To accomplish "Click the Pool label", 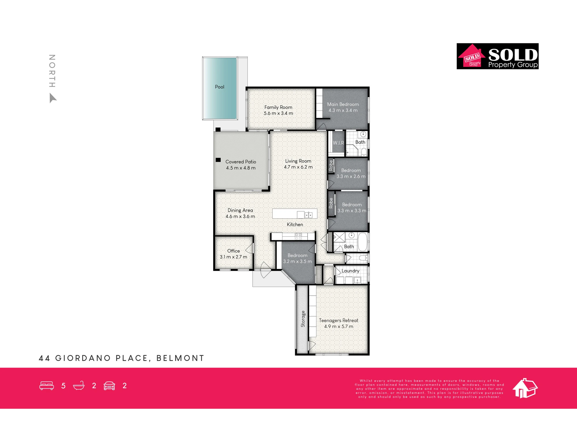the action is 220,87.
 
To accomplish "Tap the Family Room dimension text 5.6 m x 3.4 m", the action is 278,113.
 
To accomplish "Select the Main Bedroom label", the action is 343,104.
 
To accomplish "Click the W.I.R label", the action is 338,143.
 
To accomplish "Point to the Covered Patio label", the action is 241,162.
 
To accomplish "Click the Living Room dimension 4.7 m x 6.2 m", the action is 298,167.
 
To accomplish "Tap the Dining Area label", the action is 240,210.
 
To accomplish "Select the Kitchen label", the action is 295,224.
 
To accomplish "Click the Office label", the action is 233,251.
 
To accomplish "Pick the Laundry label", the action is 351,271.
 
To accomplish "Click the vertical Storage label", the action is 303,319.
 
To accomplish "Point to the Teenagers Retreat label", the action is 339,320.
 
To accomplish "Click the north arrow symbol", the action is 53,98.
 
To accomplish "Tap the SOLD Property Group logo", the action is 498,56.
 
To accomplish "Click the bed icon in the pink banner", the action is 47,386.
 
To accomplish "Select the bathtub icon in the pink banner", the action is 79,386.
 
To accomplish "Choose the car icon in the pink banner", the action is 109,386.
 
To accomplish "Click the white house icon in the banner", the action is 525,388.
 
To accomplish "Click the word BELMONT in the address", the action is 180,358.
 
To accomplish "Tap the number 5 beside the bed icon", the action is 63,386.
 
